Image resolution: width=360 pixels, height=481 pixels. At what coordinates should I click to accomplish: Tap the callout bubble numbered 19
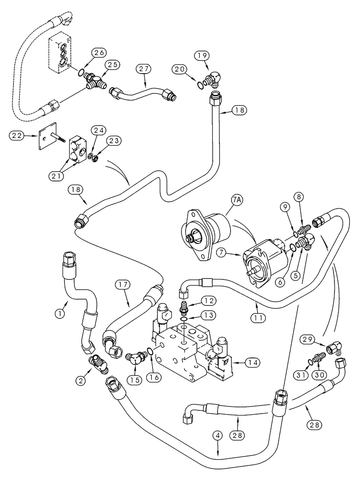click(201, 56)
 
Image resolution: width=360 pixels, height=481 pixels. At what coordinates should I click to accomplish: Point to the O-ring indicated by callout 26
click(83, 74)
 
